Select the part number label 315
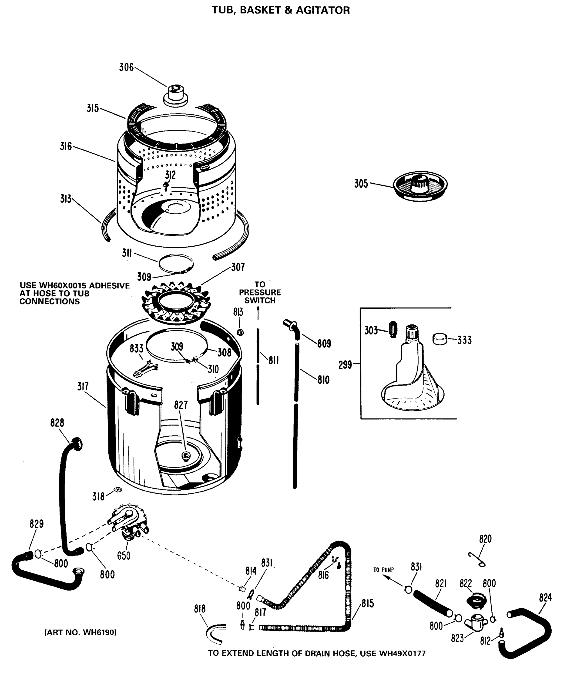click(93, 108)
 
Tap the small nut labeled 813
click(240, 332)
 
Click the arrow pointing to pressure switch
click(258, 313)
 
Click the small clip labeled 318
click(118, 489)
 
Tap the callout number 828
click(57, 423)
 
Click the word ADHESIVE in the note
click(109, 286)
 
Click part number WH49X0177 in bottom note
click(402, 653)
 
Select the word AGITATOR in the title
click(323, 10)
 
